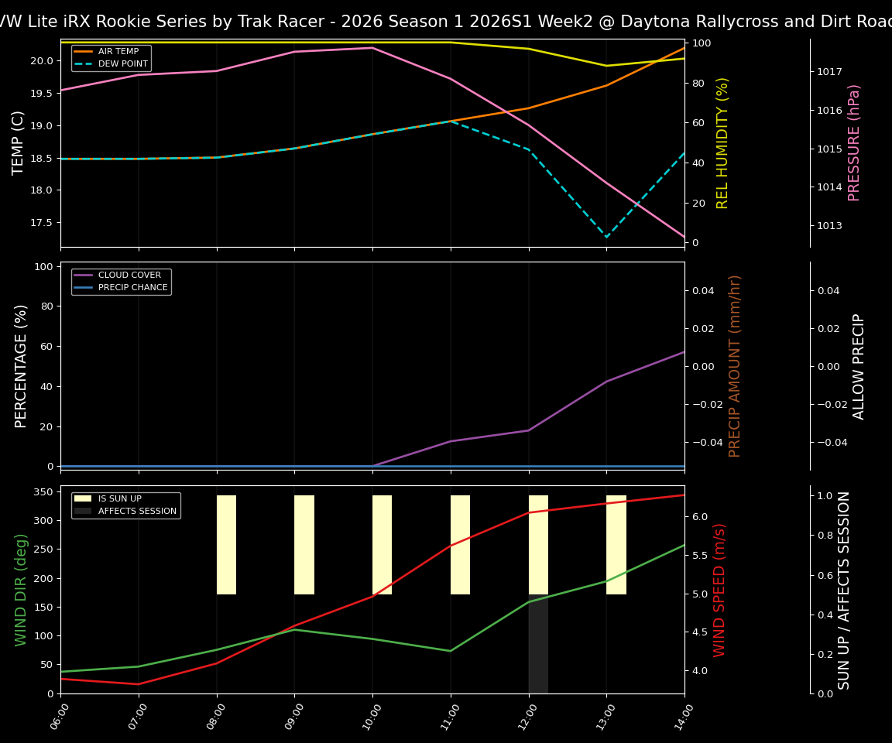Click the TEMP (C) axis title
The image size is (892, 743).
point(19,142)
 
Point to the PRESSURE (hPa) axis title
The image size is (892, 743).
point(854,142)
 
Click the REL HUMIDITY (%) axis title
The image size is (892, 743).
point(722,142)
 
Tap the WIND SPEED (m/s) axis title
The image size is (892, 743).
point(720,590)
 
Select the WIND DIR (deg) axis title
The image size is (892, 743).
point(21,590)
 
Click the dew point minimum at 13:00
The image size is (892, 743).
point(606,237)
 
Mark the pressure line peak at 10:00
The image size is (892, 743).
point(372,48)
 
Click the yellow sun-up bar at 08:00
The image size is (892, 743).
point(226,545)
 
